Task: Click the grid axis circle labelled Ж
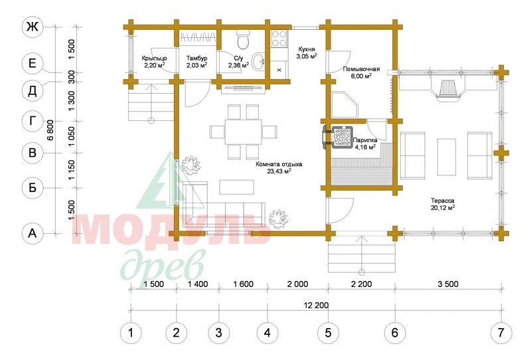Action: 33,27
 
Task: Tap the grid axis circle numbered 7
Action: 501,333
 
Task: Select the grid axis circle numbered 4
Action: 267,333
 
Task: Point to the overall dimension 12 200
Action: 316,305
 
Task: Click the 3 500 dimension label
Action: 447,284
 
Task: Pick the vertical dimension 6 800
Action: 50,130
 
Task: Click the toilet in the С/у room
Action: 243,39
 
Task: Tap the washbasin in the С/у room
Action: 258,62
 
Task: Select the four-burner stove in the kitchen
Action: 279,39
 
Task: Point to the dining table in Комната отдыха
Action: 243,132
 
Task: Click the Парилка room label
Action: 365,140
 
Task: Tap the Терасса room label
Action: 443,201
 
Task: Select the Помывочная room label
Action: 361,69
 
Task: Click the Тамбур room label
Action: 196,58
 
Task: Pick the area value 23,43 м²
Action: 279,171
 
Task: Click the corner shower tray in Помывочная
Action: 344,104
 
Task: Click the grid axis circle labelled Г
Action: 33,121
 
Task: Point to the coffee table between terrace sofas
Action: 446,157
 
